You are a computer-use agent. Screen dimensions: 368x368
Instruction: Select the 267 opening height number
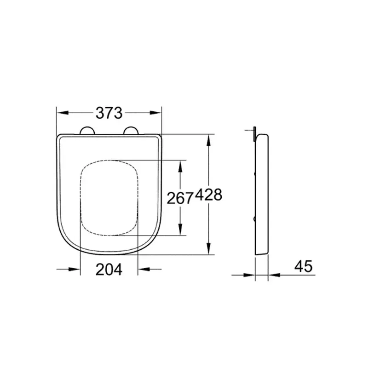180,198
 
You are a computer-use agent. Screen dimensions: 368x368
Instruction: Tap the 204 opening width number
109,270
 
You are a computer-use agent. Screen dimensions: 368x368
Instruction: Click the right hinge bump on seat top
132,131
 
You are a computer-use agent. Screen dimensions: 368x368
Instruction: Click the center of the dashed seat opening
109,198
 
